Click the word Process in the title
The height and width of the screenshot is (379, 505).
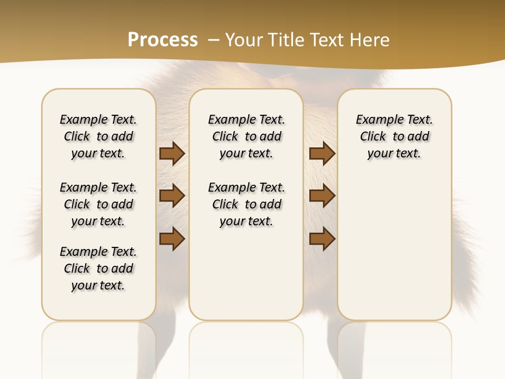coord(163,40)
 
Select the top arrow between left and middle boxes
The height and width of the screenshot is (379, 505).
coord(172,154)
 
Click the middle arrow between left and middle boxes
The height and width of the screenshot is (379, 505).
coord(172,196)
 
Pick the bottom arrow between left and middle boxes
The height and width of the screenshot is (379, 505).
coord(172,238)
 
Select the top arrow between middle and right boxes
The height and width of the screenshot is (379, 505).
coord(322,154)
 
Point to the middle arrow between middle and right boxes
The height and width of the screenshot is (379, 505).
coord(322,196)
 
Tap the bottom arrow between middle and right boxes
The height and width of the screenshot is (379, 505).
coord(322,238)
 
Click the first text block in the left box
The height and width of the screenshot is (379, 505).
coord(98,136)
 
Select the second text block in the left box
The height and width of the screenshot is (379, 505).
coord(98,204)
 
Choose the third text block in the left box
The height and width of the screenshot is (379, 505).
coord(98,268)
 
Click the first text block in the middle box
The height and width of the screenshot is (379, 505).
coord(246,136)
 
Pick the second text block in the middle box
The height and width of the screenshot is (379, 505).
coord(246,204)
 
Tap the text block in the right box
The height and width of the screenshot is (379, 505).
coord(394,136)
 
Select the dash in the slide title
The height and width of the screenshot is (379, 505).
coord(214,39)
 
